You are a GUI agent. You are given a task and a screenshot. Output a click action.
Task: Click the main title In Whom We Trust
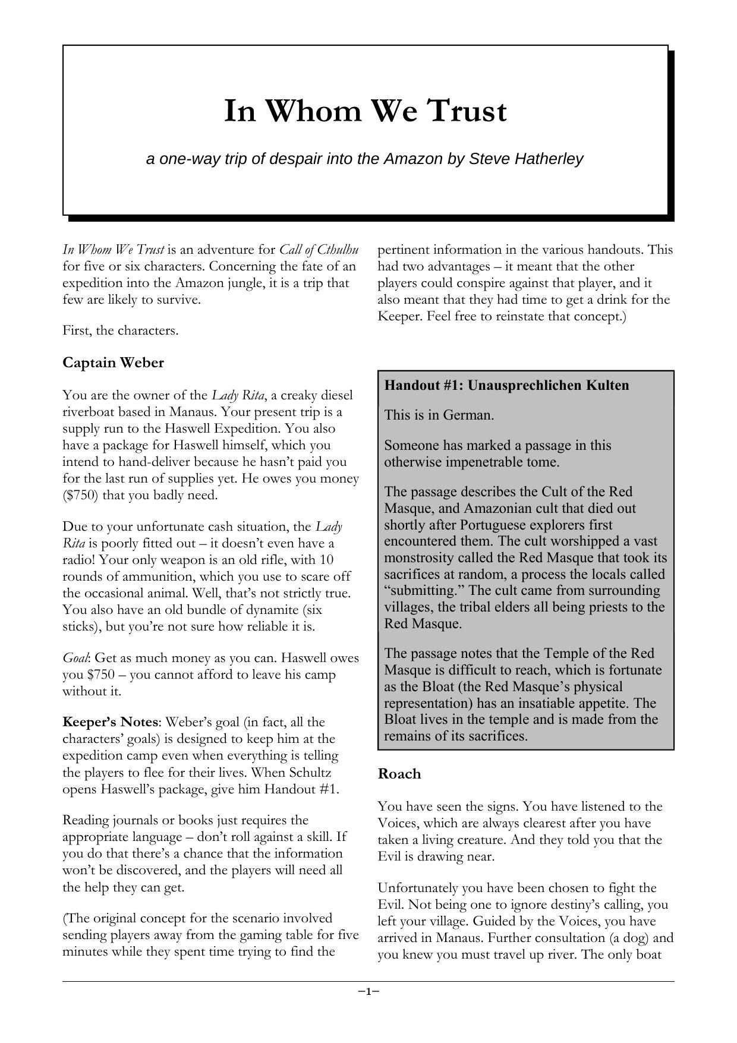pos(365,111)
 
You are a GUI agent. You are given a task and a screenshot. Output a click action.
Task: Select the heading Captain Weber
pos(113,363)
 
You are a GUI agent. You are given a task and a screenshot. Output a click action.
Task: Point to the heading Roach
pos(399,774)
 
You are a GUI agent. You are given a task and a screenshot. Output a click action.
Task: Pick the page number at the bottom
pos(368,991)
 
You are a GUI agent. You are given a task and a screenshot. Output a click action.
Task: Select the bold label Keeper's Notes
pos(111,722)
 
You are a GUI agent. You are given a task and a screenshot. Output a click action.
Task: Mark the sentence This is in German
pos(439,415)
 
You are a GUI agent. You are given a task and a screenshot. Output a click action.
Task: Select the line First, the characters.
pos(121,330)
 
